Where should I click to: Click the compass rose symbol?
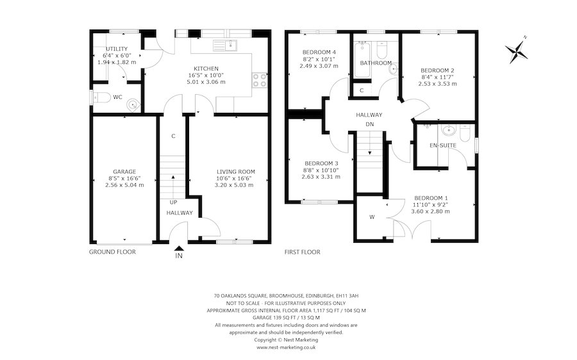[x=517, y=51]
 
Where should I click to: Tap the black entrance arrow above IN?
[x=179, y=249]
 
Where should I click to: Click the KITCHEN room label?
[x=206, y=69]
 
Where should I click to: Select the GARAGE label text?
[x=124, y=172]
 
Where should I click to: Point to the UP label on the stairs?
[x=173, y=202]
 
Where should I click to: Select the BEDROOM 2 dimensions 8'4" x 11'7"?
[x=437, y=77]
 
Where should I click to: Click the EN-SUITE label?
[x=443, y=146]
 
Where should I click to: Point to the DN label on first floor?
[x=369, y=124]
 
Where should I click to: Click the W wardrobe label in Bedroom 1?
[x=372, y=216]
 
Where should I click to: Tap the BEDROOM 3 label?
[x=321, y=163]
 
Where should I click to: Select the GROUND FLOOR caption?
[x=112, y=252]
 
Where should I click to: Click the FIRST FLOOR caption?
[x=302, y=252]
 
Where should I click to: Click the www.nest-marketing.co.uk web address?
[x=286, y=347]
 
